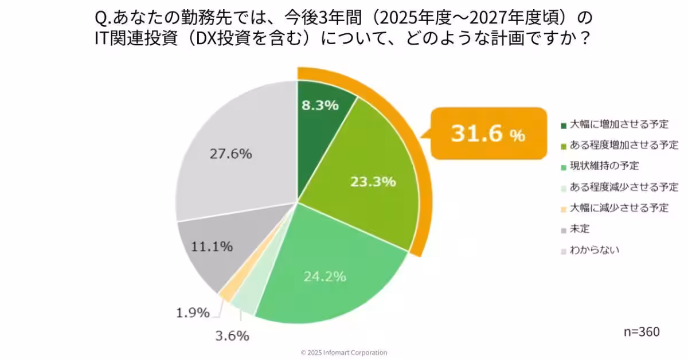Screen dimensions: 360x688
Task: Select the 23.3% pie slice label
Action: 373,182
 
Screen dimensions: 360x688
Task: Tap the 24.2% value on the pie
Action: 324,276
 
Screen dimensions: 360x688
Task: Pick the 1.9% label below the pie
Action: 192,313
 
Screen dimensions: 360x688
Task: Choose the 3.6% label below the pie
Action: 232,336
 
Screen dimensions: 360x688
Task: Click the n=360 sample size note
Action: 642,332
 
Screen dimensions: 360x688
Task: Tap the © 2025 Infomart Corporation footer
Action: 344,353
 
